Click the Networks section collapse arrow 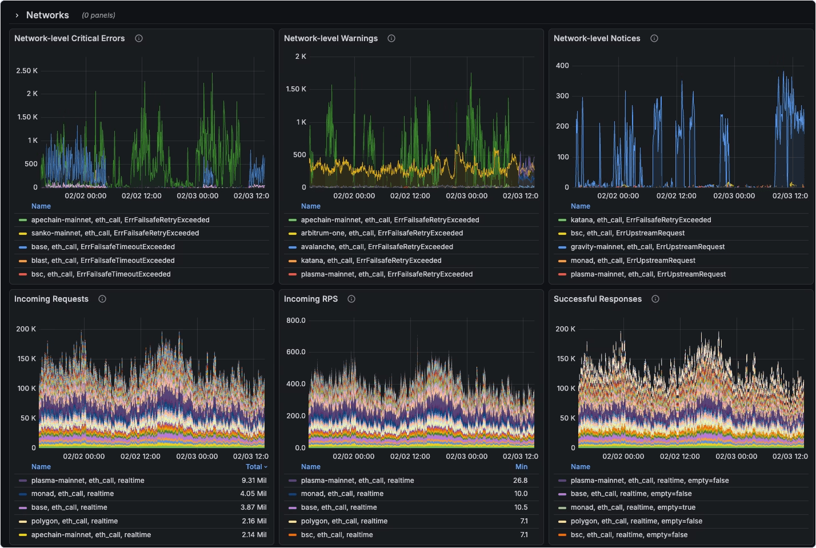point(17,15)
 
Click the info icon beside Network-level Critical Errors point(139,38)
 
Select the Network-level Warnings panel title point(330,38)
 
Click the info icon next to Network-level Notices point(654,38)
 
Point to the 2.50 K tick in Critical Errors point(27,71)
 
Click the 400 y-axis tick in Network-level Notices point(562,66)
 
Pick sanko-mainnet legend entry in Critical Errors point(115,233)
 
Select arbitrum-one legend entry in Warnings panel point(382,233)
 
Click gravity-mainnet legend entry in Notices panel point(647,247)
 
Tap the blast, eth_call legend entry point(102,261)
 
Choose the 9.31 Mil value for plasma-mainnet point(253,481)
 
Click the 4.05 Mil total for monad point(253,494)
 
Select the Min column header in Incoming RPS point(521,467)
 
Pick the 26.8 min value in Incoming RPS point(520,481)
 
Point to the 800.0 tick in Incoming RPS point(296,321)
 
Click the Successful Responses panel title point(597,299)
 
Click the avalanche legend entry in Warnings point(377,247)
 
